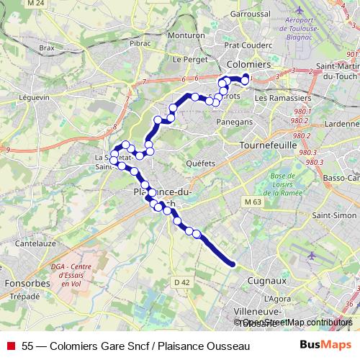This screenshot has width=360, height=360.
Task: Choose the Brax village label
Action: (48, 48)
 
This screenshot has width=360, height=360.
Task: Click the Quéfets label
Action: (201, 163)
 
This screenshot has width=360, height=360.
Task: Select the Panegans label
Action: (235, 122)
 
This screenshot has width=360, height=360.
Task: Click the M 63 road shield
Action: (252, 202)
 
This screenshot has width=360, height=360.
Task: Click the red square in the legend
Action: (11, 346)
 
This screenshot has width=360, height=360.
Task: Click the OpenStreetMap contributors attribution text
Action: (297, 322)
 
